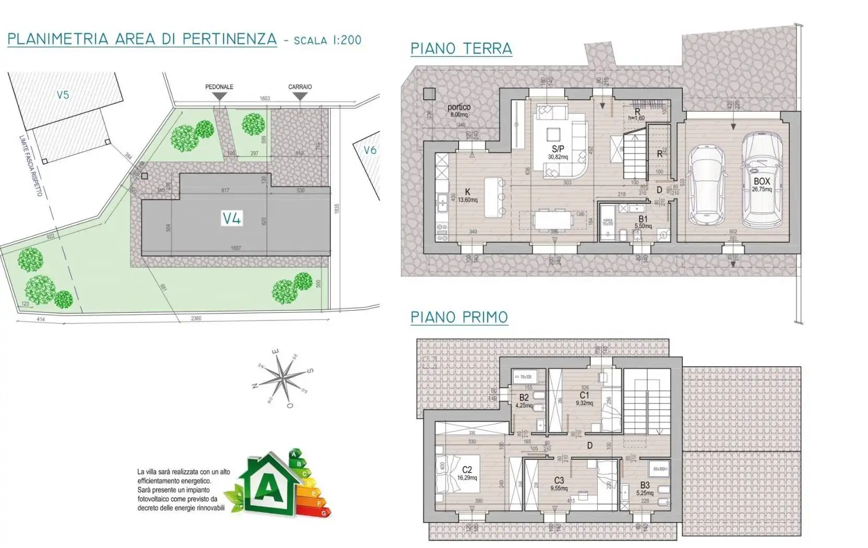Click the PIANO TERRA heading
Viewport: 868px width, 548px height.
(461, 49)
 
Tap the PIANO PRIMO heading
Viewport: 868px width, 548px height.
(459, 317)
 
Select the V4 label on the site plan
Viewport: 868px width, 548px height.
(232, 218)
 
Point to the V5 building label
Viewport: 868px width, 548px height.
(63, 95)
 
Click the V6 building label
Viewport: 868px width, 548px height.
(370, 150)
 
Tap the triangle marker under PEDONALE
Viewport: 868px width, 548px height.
(220, 97)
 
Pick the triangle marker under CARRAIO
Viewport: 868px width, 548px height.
(300, 97)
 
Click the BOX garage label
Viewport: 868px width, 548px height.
(762, 182)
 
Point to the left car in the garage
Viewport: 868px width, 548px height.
(707, 184)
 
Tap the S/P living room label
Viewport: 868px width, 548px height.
(558, 149)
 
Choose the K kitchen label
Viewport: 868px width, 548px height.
(467, 193)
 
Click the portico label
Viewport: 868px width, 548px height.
(459, 107)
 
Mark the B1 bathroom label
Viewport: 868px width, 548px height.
(643, 219)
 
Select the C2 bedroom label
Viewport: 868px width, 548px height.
(467, 470)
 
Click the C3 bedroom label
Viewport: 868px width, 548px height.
(559, 481)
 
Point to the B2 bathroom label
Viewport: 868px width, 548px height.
(524, 398)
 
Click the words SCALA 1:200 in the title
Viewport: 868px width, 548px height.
(328, 40)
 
